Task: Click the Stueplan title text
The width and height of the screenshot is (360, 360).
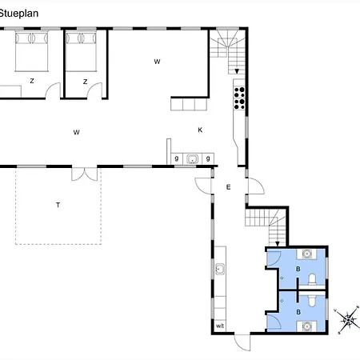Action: pos(18,14)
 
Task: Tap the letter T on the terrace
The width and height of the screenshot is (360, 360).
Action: pos(58,205)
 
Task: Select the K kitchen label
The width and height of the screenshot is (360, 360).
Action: pos(200,130)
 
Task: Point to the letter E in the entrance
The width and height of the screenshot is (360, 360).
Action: pos(228,187)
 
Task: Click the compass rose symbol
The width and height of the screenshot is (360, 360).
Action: pos(347,319)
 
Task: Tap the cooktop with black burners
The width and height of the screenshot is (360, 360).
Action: pos(239,98)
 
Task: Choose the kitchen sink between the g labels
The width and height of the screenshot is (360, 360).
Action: pos(192,159)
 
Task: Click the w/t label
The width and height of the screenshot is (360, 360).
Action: pos(220,326)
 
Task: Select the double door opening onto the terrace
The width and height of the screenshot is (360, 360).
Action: pos(85,174)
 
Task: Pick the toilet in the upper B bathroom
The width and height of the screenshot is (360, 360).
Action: pos(312,280)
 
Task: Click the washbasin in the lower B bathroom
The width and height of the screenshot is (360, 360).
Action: pos(307,326)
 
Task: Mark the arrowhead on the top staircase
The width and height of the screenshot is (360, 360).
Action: pos(237,71)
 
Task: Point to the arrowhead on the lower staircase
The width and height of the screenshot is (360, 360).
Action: pos(278,244)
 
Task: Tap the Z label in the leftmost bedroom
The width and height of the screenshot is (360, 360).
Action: pos(32,81)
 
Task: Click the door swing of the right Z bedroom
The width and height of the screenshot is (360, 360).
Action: pos(94,90)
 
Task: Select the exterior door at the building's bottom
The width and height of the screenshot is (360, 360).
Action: pos(242,342)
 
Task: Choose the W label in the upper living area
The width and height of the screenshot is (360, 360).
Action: pos(157,62)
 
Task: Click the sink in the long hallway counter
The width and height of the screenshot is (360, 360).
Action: pos(220,269)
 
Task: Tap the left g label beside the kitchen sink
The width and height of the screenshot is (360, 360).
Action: pos(177,158)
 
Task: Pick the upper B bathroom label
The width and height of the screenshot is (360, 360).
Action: pos(298,269)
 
